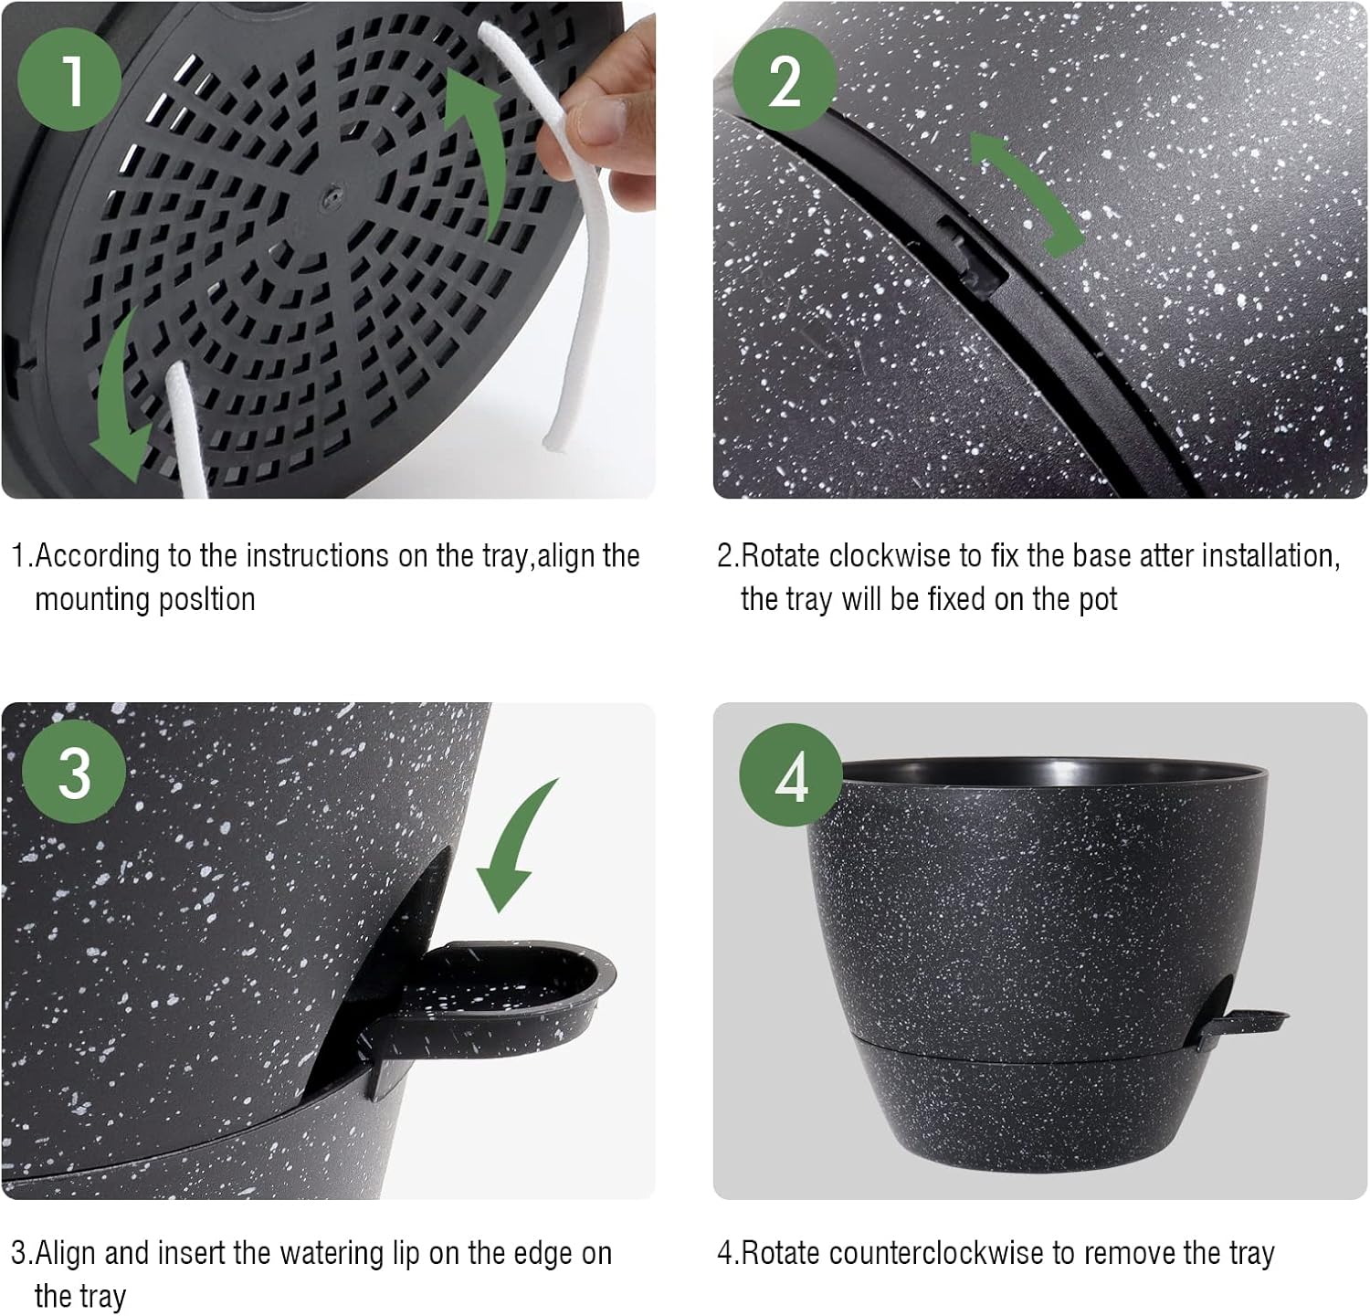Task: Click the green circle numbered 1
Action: point(69,79)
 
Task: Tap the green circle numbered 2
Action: point(784,79)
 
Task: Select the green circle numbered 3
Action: point(73,774)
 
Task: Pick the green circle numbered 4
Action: point(791,776)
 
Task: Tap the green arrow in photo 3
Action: point(517,849)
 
